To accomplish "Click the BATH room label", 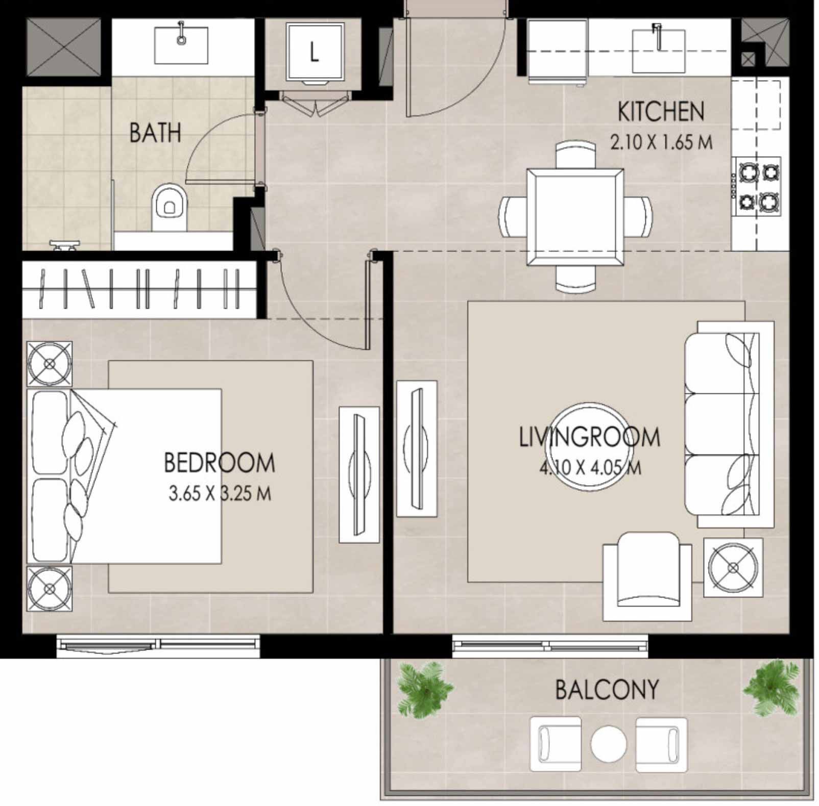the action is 155,133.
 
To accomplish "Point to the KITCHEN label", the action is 661,112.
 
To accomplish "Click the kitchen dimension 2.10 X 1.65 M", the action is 661,142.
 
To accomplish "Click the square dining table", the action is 575,217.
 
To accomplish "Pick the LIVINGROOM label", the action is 590,437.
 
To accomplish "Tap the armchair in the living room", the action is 647,576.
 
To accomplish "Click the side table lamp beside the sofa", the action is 733,567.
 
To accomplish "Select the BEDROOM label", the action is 219,463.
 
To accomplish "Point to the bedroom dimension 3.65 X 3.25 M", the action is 220,493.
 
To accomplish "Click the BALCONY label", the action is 607,690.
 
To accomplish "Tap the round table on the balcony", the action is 609,743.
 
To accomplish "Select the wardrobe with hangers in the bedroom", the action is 139,290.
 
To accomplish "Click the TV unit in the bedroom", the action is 359,474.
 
